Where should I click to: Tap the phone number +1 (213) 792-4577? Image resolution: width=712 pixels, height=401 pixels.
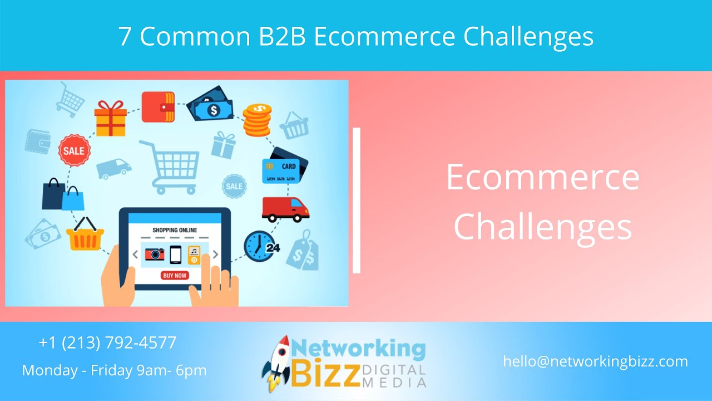point(107,343)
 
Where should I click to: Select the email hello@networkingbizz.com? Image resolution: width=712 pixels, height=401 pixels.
point(595,361)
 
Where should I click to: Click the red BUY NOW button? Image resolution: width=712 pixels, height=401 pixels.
point(175,275)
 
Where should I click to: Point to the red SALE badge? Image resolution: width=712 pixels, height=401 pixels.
point(73,150)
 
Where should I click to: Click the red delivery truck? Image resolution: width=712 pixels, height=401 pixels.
point(285,209)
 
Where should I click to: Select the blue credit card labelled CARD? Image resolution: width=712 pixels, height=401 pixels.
point(280,170)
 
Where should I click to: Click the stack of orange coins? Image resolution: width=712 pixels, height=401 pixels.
point(257,120)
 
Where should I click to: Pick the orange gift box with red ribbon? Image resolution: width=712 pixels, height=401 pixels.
point(110,118)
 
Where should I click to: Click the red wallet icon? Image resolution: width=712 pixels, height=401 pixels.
point(158,107)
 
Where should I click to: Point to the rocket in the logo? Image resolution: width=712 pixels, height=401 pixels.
point(276,363)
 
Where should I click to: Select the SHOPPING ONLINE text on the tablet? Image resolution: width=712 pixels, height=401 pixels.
point(175,230)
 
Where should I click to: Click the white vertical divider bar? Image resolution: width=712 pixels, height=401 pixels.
point(357,200)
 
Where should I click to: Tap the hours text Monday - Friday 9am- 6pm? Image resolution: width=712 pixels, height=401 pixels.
point(114,370)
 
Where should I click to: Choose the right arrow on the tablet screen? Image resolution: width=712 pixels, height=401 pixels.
point(215,255)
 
